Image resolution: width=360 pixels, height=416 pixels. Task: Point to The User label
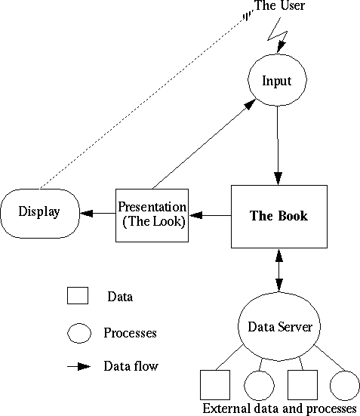pyautogui.click(x=279, y=5)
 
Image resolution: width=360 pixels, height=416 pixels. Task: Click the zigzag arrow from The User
pyautogui.click(x=278, y=35)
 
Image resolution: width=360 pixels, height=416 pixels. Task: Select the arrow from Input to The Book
pyautogui.click(x=278, y=146)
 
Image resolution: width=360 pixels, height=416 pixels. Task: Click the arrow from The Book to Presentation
pyautogui.click(x=210, y=215)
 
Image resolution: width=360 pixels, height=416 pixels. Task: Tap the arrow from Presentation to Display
pyautogui.click(x=97, y=213)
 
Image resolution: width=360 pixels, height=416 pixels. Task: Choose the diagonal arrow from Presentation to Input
pyautogui.click(x=205, y=144)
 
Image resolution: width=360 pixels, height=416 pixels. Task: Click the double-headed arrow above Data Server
pyautogui.click(x=278, y=270)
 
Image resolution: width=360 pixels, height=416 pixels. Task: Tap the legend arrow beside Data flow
pyautogui.click(x=78, y=367)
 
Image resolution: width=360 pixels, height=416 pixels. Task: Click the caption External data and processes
pyautogui.click(x=279, y=409)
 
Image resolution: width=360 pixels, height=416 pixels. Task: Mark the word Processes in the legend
pyautogui.click(x=130, y=333)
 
